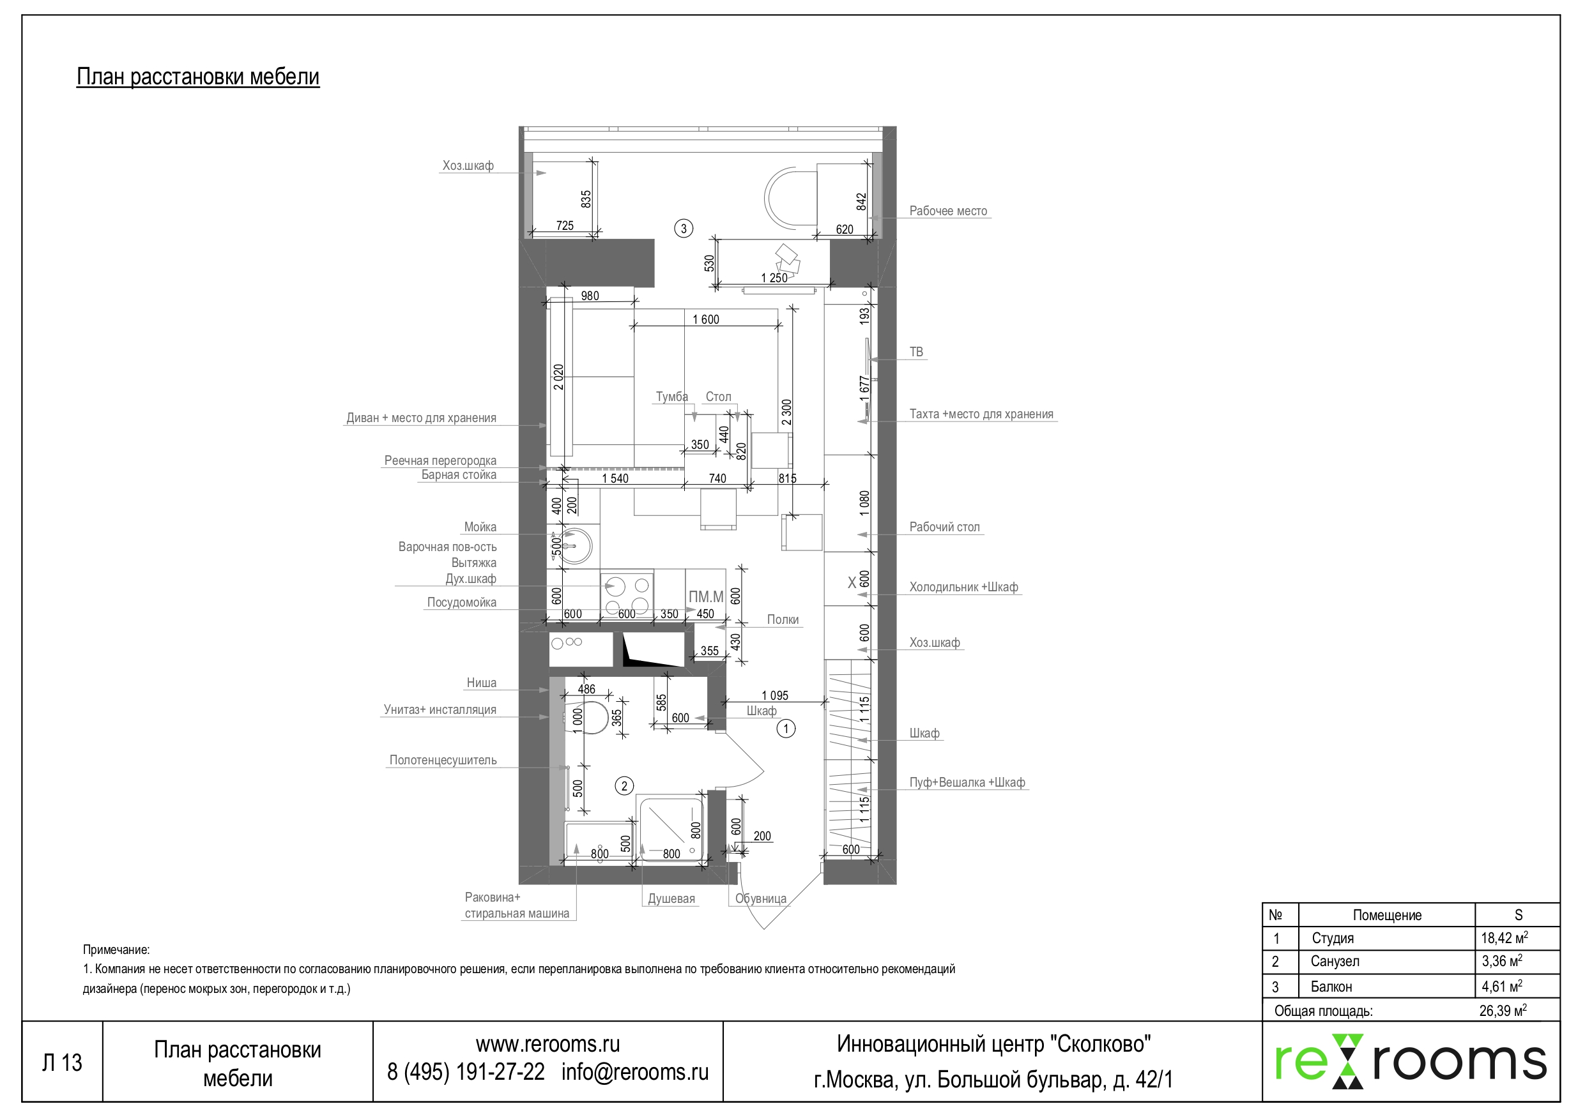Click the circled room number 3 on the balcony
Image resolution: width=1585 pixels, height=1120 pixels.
(683, 229)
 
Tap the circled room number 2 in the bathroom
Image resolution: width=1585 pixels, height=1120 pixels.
(624, 786)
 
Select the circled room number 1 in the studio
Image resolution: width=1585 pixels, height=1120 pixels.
(786, 728)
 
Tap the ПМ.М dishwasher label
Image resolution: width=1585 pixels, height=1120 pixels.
(705, 597)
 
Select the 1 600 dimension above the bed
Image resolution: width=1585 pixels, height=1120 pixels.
(705, 319)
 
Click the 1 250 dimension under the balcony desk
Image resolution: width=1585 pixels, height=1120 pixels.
(773, 278)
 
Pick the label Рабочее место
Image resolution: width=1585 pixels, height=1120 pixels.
(947, 211)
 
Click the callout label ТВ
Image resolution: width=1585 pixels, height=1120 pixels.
(915, 352)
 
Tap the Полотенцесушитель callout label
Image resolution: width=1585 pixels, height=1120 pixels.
(443, 761)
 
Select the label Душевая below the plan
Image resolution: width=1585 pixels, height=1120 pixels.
(671, 899)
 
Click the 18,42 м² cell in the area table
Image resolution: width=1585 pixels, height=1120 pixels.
(1505, 938)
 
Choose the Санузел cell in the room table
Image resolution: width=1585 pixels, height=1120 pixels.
(1335, 961)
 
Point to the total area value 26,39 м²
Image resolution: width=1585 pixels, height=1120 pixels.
(1502, 1011)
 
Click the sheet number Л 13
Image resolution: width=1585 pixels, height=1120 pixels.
(62, 1063)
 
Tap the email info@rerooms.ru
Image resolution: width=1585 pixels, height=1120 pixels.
(634, 1071)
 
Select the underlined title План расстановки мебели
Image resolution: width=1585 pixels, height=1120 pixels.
(197, 77)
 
